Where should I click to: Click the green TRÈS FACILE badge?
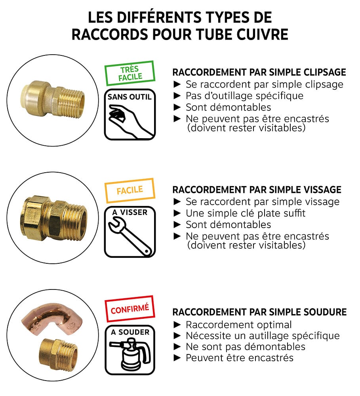coord(130,73)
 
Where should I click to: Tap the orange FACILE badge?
coord(130,190)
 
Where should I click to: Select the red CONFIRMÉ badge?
coord(130,308)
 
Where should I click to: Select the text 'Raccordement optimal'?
coord(238,325)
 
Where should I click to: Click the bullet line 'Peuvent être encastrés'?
coord(239,358)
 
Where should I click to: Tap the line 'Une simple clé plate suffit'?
coord(246,213)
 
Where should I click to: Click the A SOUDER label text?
coord(130,332)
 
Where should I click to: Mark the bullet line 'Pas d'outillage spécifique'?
coord(244,96)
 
